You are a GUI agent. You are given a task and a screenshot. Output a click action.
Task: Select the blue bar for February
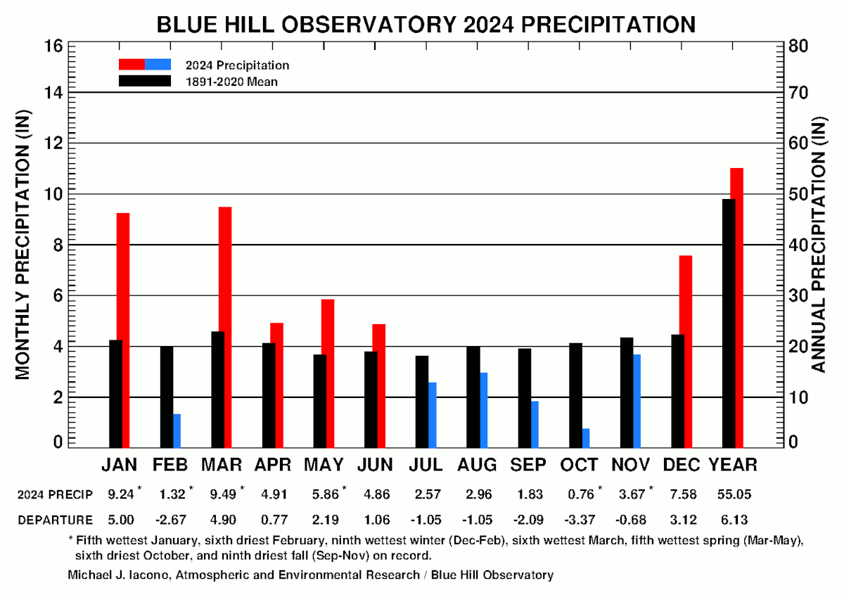coord(177,430)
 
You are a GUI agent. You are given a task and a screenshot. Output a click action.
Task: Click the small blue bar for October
coord(586,437)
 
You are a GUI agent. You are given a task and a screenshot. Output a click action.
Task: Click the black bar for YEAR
coord(729,323)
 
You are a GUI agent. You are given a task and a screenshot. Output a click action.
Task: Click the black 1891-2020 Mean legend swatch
coord(144,81)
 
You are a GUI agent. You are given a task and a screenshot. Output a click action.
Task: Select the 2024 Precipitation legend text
coord(237,65)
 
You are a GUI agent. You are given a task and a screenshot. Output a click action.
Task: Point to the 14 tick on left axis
coord(56,93)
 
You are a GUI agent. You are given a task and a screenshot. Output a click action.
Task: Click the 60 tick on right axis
coord(800,143)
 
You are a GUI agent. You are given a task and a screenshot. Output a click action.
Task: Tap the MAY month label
coord(324,465)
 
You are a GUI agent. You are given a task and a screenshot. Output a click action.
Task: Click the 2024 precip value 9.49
coord(222,494)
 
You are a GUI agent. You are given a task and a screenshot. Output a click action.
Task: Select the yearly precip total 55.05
coord(733,494)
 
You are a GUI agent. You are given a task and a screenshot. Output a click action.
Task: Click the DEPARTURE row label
coord(55,520)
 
